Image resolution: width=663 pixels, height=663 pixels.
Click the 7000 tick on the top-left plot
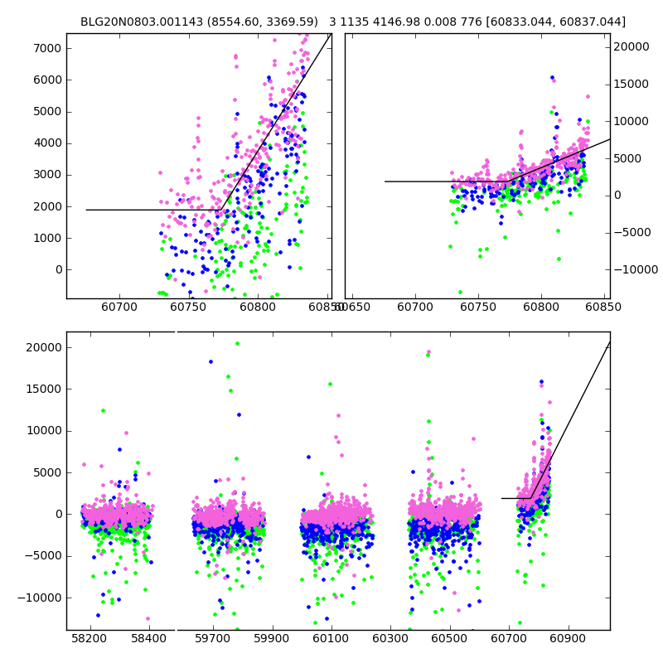click(x=47, y=48)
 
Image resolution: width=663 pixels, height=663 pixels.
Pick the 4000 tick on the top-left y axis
click(x=47, y=143)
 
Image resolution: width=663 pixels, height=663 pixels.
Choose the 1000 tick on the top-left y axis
click(x=47, y=238)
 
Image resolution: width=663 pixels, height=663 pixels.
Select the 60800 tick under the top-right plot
click(x=541, y=307)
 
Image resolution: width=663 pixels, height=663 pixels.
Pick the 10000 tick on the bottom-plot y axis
click(x=42, y=430)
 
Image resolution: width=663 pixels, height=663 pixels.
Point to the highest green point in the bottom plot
click(x=237, y=343)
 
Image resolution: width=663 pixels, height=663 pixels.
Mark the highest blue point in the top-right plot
click(x=552, y=77)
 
